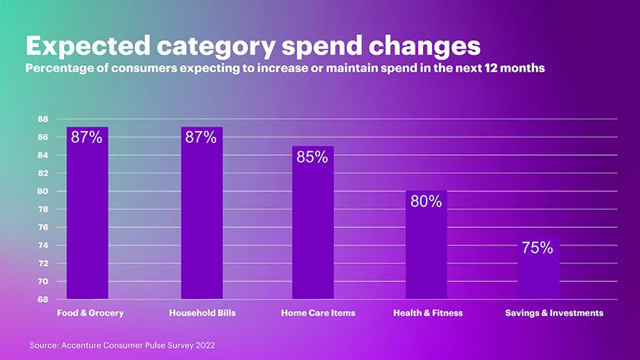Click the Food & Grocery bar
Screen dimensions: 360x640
87,213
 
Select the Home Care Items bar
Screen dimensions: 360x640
313,228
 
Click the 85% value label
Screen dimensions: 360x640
312,157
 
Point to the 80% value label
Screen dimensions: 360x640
426,202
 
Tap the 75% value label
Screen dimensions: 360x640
538,248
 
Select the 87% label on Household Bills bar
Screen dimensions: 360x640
201,138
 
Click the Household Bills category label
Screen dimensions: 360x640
202,313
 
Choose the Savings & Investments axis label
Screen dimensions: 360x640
554,313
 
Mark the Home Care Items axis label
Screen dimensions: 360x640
318,313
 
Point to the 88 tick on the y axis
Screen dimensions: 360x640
43,119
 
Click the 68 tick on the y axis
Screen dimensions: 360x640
43,300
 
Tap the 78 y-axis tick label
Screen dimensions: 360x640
43,209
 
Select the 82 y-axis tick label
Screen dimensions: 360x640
43,173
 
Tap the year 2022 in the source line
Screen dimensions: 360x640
203,345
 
